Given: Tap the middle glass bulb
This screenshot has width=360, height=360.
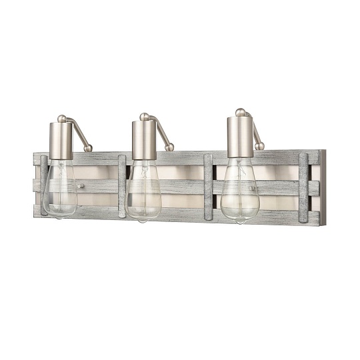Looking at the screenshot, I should point(144,195).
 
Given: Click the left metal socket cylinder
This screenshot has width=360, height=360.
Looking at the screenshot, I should point(62,139).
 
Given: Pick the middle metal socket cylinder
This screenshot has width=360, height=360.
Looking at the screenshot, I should point(144,140).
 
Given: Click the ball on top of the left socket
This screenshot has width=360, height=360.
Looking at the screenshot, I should point(62,119).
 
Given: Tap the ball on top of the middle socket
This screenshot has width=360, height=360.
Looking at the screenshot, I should point(144,117).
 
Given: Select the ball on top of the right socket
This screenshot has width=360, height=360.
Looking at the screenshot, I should point(240,112).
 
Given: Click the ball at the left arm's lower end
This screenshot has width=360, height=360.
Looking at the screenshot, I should point(89,148).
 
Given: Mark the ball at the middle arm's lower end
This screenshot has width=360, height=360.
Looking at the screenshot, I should point(170,147).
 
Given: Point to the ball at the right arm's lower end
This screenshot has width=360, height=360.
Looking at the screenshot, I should point(260,146).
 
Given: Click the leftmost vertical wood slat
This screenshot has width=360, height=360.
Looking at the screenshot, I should point(43,185).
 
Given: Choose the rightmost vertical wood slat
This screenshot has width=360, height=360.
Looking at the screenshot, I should point(304,187).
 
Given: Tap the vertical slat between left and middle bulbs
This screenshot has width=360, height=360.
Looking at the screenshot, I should point(122,186).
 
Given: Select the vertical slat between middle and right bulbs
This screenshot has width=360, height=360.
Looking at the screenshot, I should point(208,187).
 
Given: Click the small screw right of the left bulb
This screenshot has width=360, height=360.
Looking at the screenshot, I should point(81,189).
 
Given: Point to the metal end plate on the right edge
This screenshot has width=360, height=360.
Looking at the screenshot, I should point(323,187).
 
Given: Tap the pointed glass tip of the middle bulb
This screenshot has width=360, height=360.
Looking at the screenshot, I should point(144,219).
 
